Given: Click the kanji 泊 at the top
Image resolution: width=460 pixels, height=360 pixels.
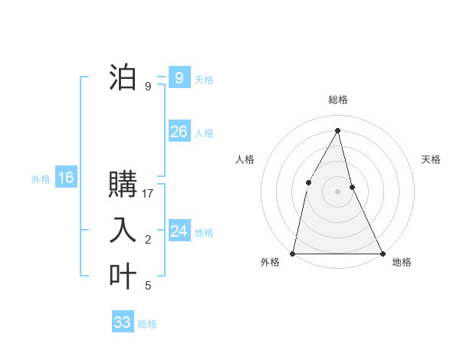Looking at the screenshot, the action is [123, 78].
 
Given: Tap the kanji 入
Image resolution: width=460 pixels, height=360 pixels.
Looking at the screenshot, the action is [123, 231].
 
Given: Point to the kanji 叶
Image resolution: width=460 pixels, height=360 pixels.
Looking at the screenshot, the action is [123, 277].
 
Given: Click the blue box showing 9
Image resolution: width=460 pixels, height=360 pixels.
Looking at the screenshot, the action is [179, 78].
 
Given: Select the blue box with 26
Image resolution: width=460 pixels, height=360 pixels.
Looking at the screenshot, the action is [179, 132].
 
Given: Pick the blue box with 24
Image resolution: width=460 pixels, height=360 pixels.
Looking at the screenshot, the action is [179, 231].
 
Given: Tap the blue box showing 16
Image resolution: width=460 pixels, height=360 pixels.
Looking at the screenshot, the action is [66, 178].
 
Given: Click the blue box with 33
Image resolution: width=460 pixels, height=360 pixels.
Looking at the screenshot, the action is [123, 322].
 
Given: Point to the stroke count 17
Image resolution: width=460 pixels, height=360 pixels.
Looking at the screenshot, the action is [148, 194].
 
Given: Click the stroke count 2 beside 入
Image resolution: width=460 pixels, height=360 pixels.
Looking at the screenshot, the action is [148, 240].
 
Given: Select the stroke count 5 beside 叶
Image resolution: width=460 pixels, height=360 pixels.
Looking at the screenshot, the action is [148, 286].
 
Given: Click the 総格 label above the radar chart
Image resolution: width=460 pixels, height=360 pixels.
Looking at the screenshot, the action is [338, 100].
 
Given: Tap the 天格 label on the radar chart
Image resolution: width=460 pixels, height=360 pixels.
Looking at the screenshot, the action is [432, 159].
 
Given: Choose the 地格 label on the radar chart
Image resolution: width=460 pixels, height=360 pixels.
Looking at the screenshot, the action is [402, 262].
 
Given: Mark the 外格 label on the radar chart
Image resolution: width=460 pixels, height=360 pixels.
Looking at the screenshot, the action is [270, 262].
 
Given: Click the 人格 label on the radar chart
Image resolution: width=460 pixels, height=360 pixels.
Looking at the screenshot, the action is [245, 159].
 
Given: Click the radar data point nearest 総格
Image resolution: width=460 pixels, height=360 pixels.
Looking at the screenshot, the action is [337, 130].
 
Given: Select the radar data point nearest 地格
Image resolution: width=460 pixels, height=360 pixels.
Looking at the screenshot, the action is [382, 253].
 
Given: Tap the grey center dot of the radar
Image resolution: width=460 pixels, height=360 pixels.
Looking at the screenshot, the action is [337, 191].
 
